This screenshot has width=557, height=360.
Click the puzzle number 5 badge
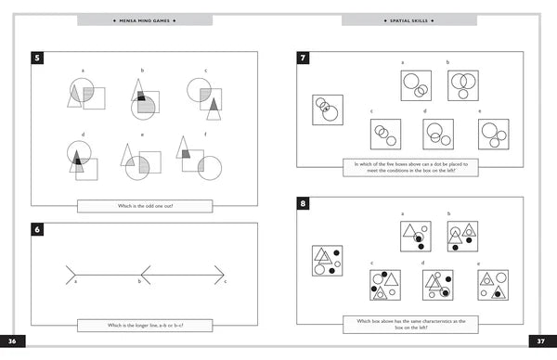pyautogui.click(x=36, y=58)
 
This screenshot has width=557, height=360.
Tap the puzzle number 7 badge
pyautogui.click(x=303, y=58)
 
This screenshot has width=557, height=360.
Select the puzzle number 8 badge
pyautogui.click(x=303, y=203)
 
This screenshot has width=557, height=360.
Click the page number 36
pyautogui.click(x=14, y=341)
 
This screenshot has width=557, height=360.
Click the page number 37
pyautogui.click(x=542, y=341)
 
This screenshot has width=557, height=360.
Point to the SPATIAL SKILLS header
pyautogui.click(x=409, y=19)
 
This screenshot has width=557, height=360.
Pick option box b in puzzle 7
pyautogui.click(x=461, y=86)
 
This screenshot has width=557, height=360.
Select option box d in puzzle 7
pyautogui.click(x=437, y=134)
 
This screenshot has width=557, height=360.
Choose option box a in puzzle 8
pyautogui.click(x=415, y=236)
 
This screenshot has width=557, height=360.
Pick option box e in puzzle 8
pyautogui.click(x=492, y=285)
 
